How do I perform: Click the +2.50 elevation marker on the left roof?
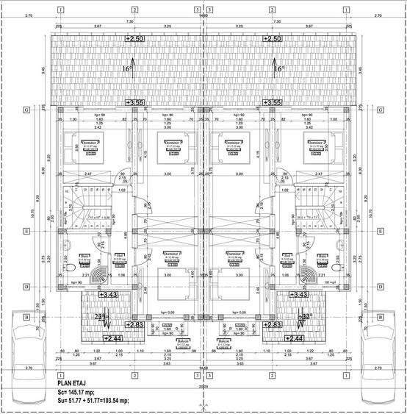click(135, 38)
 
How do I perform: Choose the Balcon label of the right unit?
click(225, 343)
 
